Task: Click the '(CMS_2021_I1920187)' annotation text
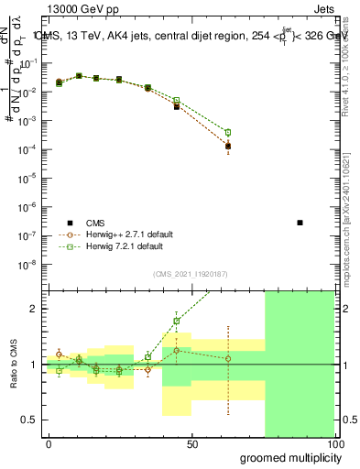tap(191, 273)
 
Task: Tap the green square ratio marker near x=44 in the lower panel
tap(176, 321)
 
